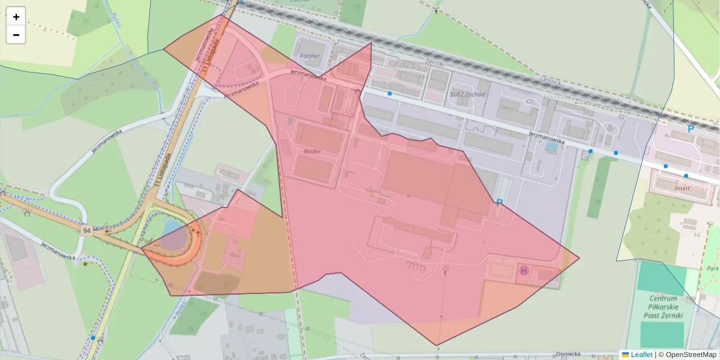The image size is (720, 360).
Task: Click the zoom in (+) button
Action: pyautogui.click(x=16, y=17)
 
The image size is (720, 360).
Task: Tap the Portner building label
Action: pyautogui.click(x=310, y=56)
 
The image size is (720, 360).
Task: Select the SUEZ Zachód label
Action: pyautogui.click(x=466, y=95)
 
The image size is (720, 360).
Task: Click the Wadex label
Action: pyautogui.click(x=312, y=151)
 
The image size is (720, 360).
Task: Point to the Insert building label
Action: pyautogui.click(x=682, y=188)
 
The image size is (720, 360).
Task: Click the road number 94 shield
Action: pyautogui.click(x=87, y=230)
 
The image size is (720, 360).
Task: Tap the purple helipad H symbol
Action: pyautogui.click(x=524, y=271)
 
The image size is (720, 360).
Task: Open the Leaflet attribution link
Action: pyautogui.click(x=641, y=355)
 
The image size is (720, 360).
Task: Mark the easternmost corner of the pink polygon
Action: pyautogui.click(x=579, y=259)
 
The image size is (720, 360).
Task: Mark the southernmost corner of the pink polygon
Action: pyautogui.click(x=437, y=346)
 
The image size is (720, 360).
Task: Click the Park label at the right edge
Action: pyautogui.click(x=713, y=268)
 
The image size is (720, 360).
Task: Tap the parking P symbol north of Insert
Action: pyautogui.click(x=691, y=129)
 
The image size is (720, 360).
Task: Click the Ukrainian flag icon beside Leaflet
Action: pyautogui.click(x=626, y=355)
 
